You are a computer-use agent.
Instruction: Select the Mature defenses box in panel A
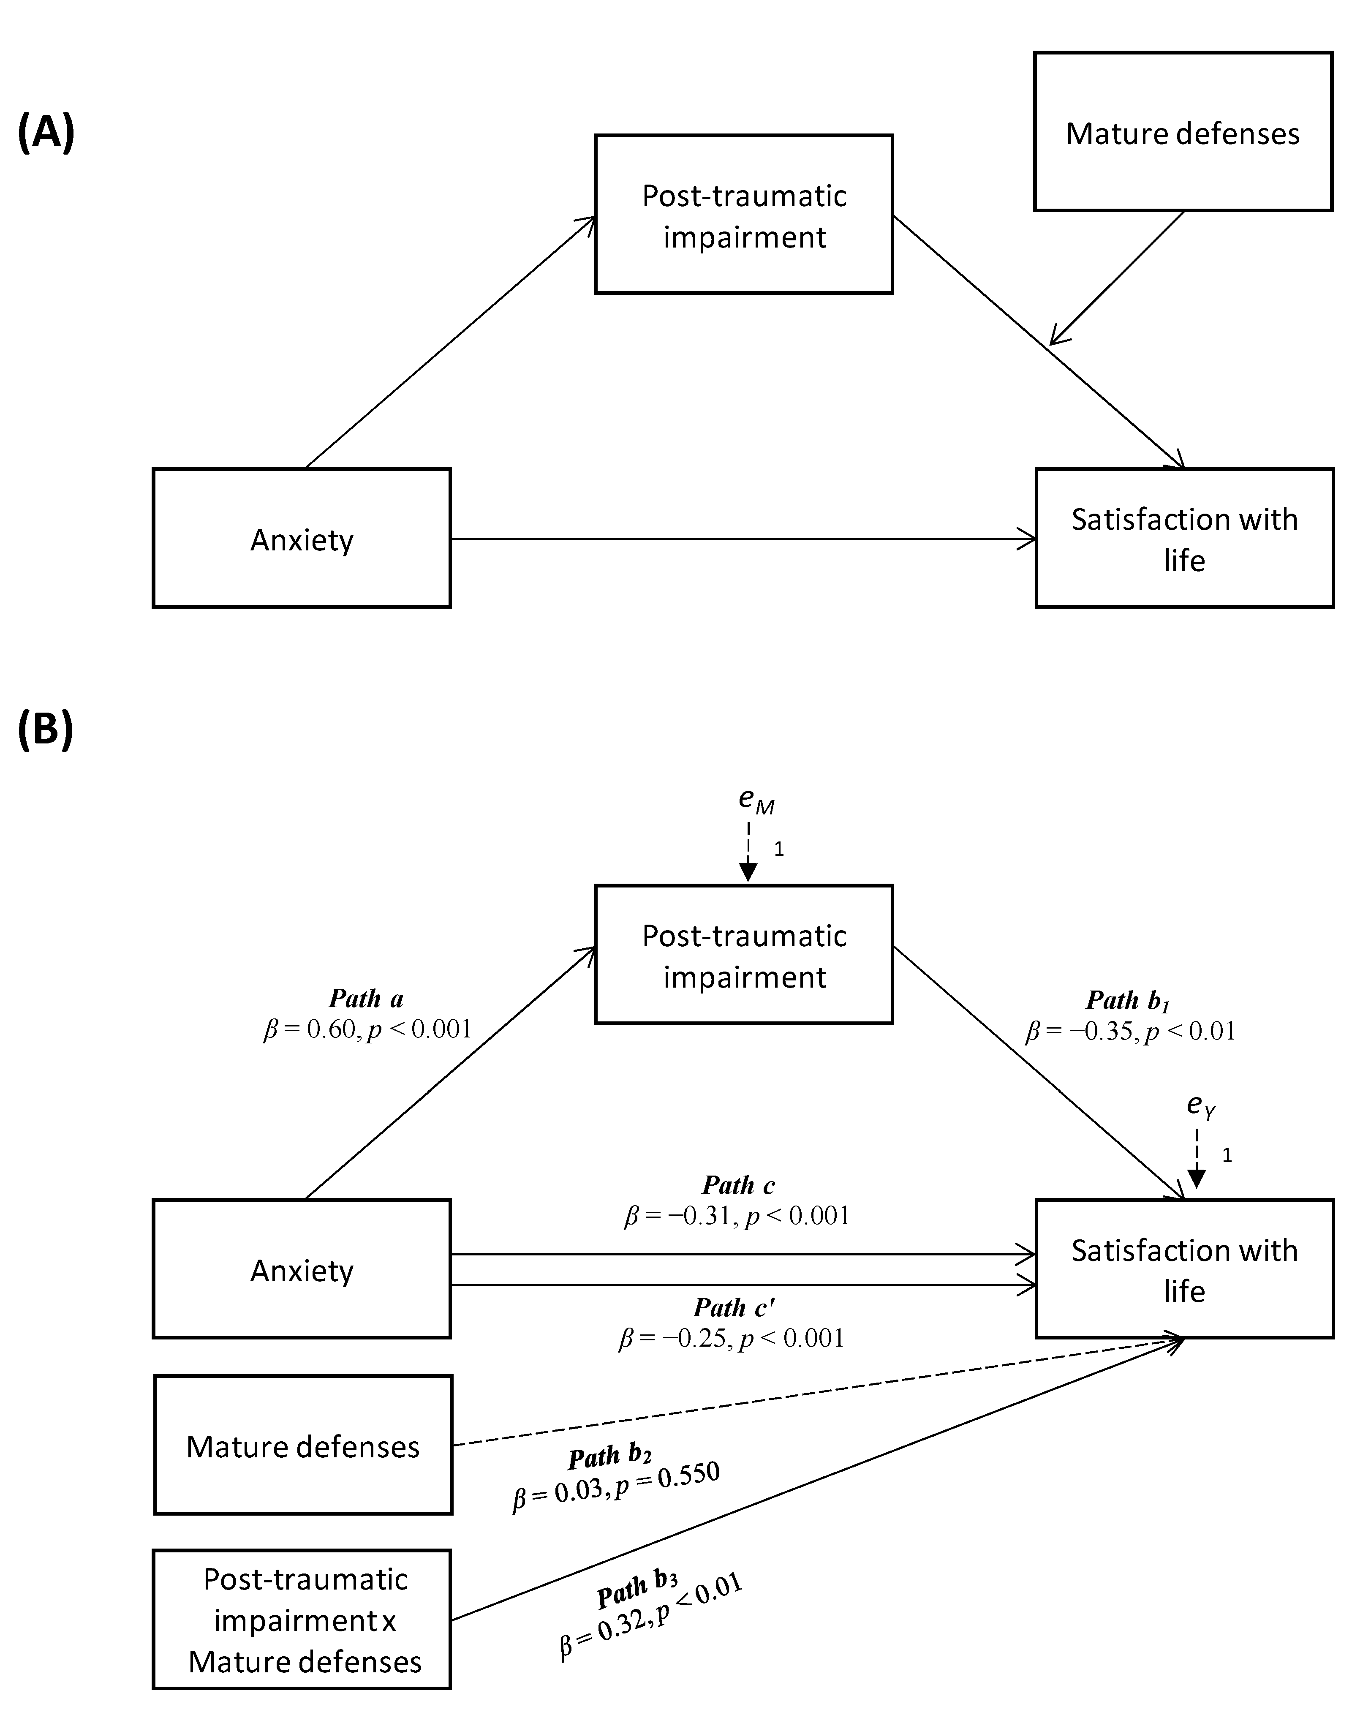tap(1183, 132)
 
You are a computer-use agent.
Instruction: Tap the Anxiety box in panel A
tap(302, 539)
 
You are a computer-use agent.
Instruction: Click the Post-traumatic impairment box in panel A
tap(743, 215)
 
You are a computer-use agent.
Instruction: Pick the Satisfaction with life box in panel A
tap(1184, 539)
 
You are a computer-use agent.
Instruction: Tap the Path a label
tap(367, 998)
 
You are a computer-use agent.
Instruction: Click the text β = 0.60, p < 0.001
tap(367, 1029)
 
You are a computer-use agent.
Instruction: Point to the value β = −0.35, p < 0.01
tap(1130, 1032)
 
